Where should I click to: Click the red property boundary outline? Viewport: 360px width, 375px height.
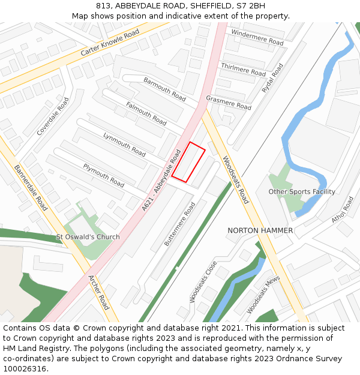click(188, 162)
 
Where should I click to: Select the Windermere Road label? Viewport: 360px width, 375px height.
click(257, 38)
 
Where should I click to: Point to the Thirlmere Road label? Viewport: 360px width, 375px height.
click(244, 69)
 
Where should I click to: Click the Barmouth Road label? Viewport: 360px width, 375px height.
click(164, 88)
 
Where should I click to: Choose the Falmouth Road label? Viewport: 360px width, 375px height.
click(146, 113)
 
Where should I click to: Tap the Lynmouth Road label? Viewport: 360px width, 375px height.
click(125, 144)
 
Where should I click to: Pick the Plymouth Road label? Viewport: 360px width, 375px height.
click(104, 175)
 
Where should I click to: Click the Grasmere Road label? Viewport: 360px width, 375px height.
click(229, 102)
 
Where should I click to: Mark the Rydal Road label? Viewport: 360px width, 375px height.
click(272, 78)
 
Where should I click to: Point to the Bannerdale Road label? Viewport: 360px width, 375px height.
click(31, 188)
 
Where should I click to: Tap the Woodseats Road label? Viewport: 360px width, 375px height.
click(235, 180)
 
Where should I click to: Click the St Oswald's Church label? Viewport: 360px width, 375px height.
click(88, 237)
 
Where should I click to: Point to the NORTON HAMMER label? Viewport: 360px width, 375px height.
click(260, 230)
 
